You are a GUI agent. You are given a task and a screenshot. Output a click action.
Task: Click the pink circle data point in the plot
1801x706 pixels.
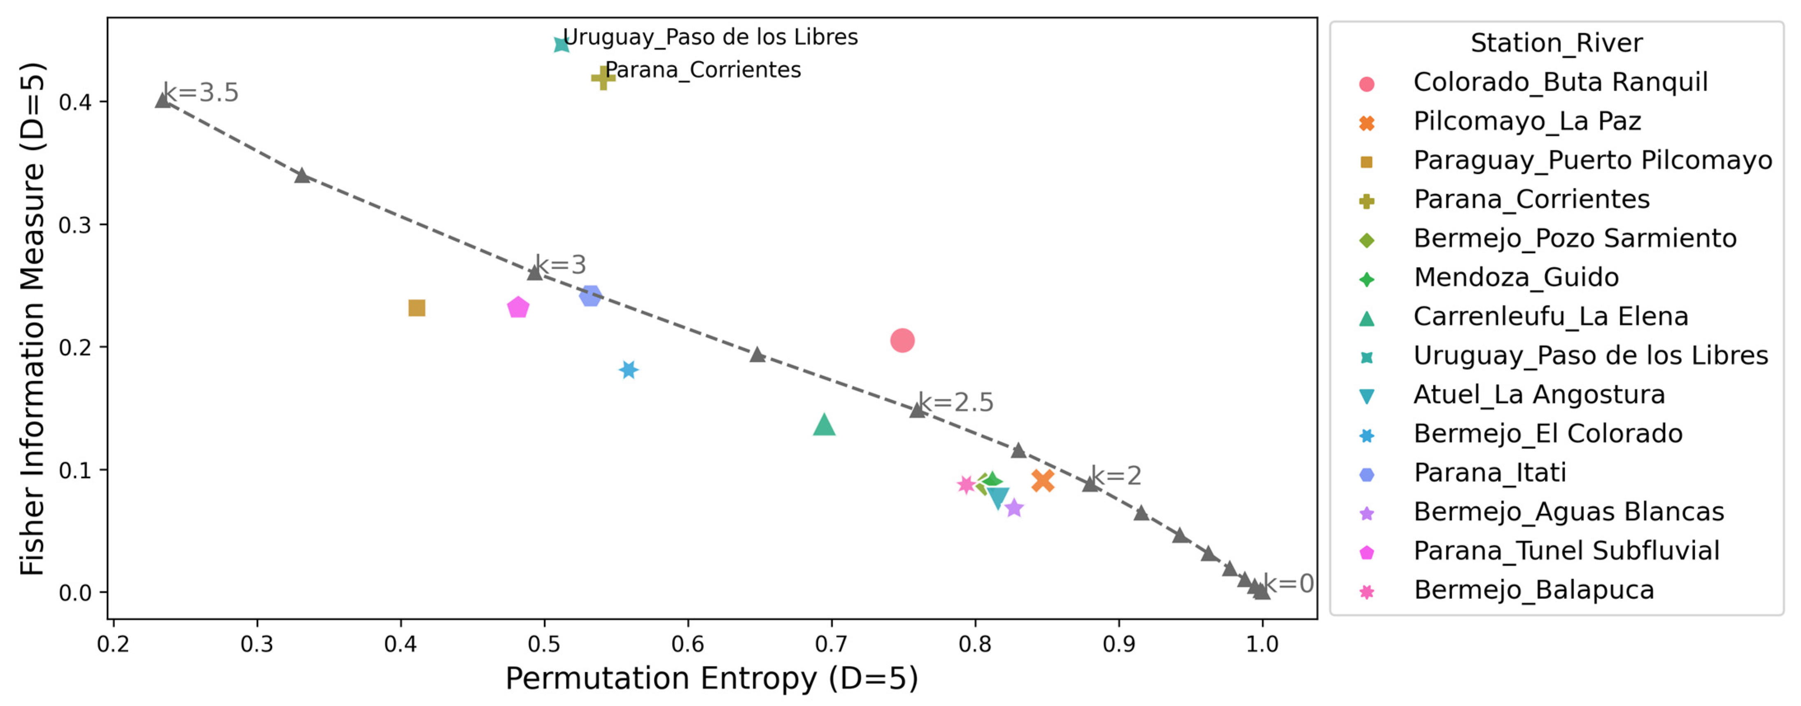point(902,341)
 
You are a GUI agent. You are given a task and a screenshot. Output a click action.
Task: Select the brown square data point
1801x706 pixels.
point(417,308)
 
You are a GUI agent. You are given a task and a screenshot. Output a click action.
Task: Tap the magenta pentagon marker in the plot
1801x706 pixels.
point(518,307)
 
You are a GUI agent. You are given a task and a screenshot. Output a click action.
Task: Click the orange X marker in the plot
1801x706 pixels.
point(1042,481)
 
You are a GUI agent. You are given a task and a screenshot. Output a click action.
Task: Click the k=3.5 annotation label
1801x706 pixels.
point(200,92)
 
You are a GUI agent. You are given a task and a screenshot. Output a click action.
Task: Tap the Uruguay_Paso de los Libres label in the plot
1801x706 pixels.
point(711,37)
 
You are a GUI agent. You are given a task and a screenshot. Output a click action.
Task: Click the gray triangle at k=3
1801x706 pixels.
point(535,272)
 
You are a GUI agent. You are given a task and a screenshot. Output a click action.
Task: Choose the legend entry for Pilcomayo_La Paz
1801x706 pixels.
point(1527,121)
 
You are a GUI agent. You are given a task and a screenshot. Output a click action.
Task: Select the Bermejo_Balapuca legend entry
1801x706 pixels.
point(1534,590)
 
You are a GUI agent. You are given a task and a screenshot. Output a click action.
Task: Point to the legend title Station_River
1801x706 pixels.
point(1556,43)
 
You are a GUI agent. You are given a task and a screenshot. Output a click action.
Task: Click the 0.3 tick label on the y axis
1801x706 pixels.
point(75,225)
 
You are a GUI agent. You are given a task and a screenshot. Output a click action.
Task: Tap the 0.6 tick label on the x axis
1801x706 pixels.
point(688,644)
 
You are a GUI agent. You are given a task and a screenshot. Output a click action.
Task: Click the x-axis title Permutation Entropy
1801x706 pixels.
point(711,679)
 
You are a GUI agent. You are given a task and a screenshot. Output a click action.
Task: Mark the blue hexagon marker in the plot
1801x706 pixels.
point(591,296)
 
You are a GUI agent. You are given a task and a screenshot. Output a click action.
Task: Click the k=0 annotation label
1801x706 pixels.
point(1288,584)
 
